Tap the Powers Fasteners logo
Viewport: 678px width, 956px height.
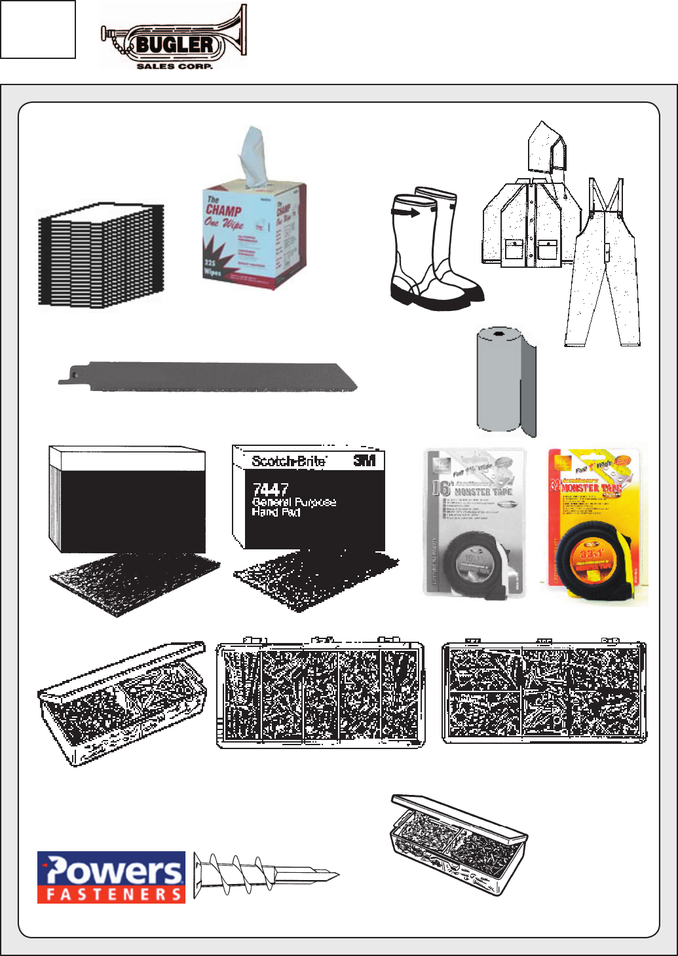(x=111, y=877)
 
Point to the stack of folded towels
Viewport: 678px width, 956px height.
(x=101, y=255)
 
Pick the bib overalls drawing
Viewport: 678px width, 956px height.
(x=603, y=275)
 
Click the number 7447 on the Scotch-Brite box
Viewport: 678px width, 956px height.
(x=270, y=489)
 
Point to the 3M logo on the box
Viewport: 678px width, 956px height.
(x=365, y=461)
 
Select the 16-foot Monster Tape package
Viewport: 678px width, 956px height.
(x=475, y=523)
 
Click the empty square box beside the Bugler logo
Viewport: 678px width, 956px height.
(x=38, y=29)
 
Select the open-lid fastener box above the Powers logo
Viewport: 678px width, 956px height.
(x=121, y=704)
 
